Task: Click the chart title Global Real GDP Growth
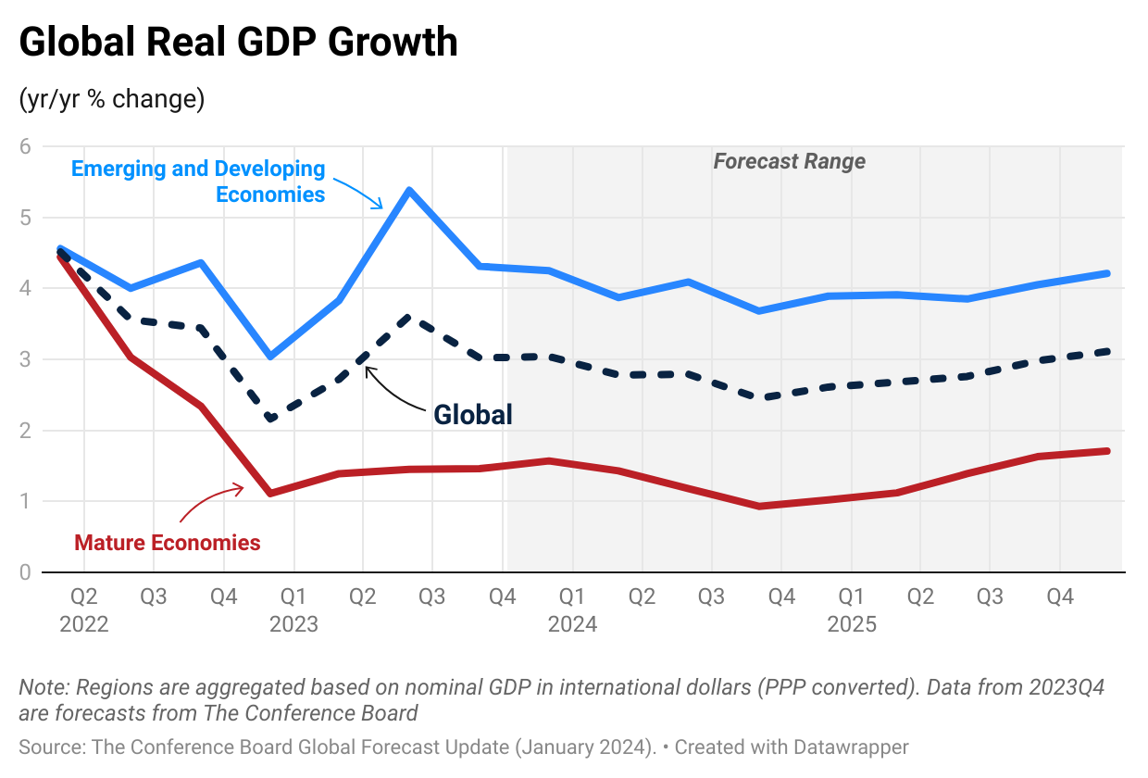tap(238, 44)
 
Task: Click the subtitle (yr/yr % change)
tap(111, 98)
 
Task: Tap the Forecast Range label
tap(789, 161)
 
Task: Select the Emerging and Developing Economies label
tap(198, 182)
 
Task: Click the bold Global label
tap(473, 414)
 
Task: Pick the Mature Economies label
tap(168, 543)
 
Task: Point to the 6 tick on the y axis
tap(25, 146)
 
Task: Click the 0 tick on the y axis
tap(25, 572)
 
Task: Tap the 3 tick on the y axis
tap(25, 359)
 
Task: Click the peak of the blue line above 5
tap(408, 190)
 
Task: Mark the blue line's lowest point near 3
tap(269, 357)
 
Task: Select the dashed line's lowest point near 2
tap(269, 420)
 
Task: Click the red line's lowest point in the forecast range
tap(759, 506)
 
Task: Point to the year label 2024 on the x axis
tap(572, 624)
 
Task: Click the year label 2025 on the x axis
tap(851, 624)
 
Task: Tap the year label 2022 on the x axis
tap(84, 624)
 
